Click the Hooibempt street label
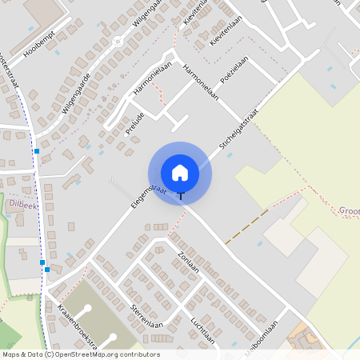(x=43, y=50)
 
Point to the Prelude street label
(x=136, y=125)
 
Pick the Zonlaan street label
(x=188, y=261)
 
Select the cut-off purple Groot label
(x=349, y=211)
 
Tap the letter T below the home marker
(x=181, y=195)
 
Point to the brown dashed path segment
(x=246, y=227)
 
